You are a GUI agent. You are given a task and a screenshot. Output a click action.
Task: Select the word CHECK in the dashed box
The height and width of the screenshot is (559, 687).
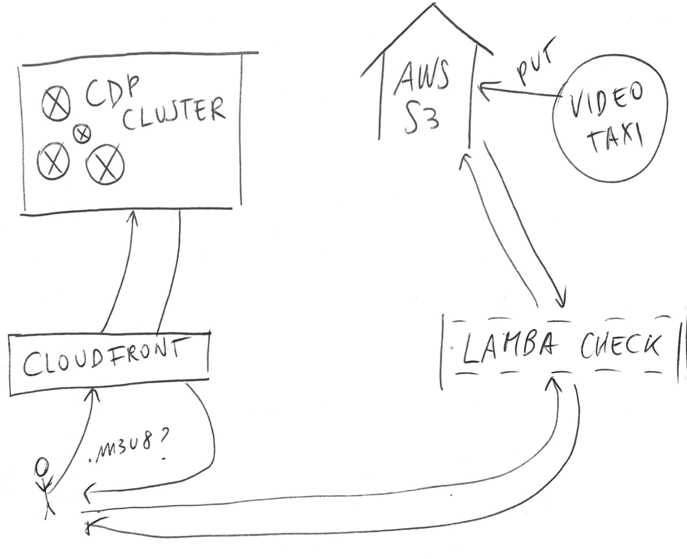pos(620,346)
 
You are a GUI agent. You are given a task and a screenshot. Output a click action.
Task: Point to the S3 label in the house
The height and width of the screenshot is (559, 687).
pos(420,119)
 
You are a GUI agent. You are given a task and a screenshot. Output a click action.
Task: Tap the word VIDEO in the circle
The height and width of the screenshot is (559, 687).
pos(605,104)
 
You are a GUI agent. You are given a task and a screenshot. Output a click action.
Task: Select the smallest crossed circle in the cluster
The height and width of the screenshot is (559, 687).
pos(81,134)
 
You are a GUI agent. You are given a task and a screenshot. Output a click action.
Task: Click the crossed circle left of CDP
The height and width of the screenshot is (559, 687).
pos(55,102)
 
